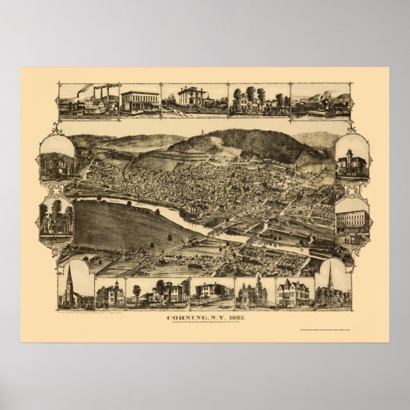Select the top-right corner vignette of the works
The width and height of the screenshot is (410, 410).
point(320,101)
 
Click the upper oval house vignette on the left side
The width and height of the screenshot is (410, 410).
point(57,159)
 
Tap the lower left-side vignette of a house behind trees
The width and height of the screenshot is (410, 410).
point(57,218)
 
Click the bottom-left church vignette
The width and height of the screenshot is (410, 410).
point(75,287)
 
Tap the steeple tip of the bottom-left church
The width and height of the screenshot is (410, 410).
point(68,265)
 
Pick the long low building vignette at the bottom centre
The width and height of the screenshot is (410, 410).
point(213,292)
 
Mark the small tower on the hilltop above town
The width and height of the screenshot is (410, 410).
point(202,133)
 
